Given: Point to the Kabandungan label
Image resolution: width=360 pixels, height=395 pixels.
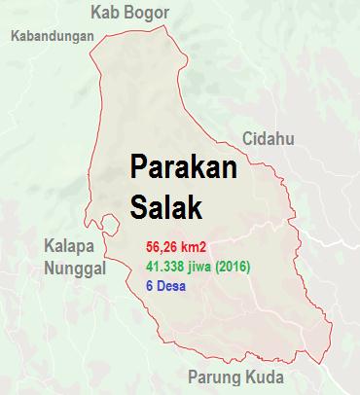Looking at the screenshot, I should [51, 37].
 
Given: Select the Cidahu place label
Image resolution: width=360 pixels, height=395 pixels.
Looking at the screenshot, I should [268, 138].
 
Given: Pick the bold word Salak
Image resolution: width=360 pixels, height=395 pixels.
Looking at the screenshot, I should [162, 206].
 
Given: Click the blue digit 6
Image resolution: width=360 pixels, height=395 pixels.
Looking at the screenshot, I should [149, 285].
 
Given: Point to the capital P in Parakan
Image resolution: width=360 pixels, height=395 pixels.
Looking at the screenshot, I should [138, 168].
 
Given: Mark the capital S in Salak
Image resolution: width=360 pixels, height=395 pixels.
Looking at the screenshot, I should [137, 206].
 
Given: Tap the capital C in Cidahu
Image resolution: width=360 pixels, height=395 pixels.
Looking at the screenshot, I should [248, 138].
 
